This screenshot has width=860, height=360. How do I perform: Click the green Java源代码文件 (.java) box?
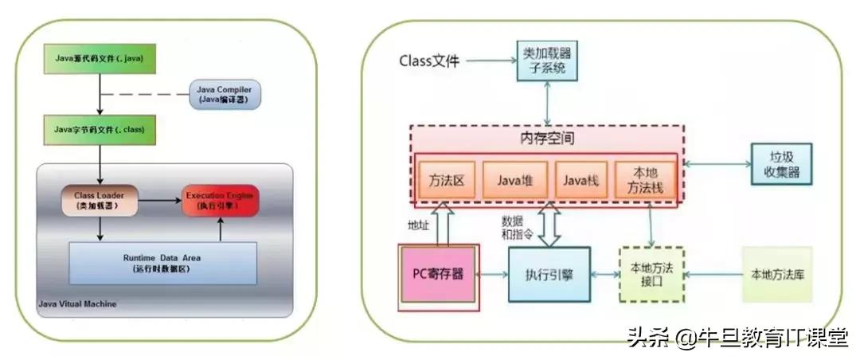coord(100,58)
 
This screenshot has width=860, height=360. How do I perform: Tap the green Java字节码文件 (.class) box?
coord(100,127)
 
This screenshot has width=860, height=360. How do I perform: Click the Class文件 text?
coord(429,61)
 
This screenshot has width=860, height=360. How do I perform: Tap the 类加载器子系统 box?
coord(545,61)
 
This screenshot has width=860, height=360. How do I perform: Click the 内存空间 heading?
coord(547,139)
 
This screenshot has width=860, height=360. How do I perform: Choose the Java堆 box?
coord(514,180)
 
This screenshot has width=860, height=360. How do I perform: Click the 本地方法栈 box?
coord(646,180)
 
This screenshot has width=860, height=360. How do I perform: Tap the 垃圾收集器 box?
coord(781,164)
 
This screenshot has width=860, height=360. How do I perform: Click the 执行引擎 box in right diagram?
coord(549,275)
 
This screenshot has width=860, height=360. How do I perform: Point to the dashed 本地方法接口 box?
coord(651,275)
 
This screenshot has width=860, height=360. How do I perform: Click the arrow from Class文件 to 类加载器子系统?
coord(489,61)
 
